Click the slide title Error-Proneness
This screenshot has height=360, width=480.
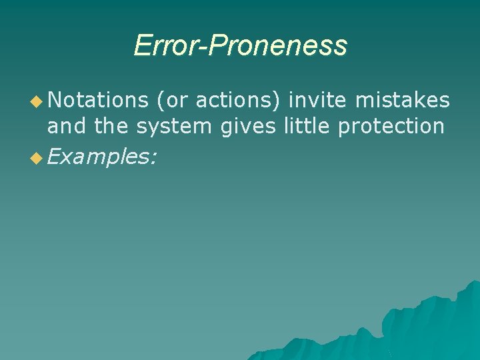point(240,45)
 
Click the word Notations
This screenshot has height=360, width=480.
point(97,100)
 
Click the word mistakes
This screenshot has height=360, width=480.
point(403,100)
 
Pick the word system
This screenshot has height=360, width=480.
point(175,127)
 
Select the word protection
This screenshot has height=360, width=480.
point(391,127)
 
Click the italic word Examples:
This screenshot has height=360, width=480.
point(103,157)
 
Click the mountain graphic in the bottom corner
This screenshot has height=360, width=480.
point(413,327)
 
